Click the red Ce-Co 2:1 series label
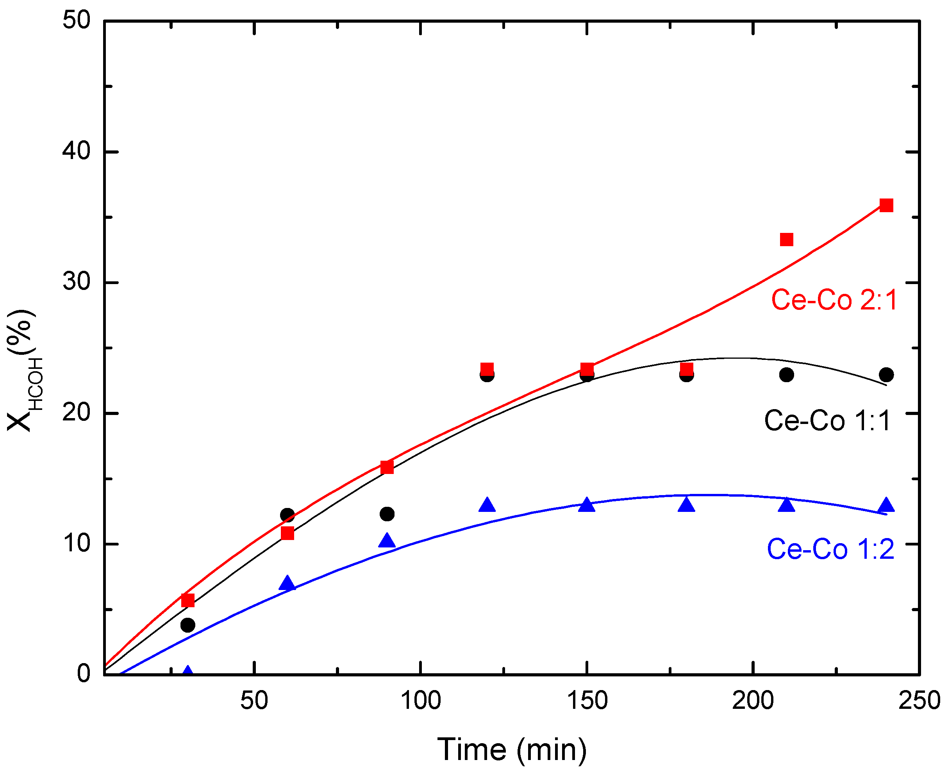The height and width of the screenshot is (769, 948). (834, 300)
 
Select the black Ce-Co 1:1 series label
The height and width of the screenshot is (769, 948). (827, 420)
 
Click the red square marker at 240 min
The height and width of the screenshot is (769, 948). (886, 205)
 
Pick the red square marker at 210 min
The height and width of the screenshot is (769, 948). (786, 240)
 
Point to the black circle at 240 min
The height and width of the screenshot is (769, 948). (886, 375)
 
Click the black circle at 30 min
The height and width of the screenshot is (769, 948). (188, 625)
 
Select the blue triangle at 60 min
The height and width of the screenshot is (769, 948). (287, 583)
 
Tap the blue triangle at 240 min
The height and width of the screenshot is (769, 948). (886, 505)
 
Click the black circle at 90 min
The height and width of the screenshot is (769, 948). (387, 514)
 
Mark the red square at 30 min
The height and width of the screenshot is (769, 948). (188, 600)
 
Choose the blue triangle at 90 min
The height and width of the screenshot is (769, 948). (387, 540)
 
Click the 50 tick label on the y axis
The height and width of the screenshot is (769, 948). (76, 20)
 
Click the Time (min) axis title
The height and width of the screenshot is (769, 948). (512, 749)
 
